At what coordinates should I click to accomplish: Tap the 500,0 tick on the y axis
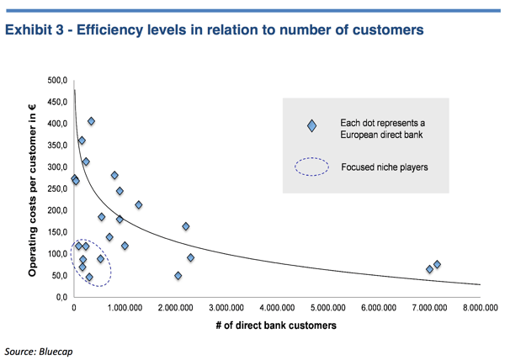(x=56, y=81)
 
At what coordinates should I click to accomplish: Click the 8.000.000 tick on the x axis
(x=479, y=309)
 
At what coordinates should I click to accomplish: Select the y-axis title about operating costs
(x=32, y=188)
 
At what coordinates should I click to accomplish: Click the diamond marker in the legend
(x=312, y=126)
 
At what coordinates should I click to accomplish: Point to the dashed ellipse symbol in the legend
(x=311, y=167)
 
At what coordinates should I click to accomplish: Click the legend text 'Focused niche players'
(x=384, y=167)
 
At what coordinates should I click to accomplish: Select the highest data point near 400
(x=91, y=122)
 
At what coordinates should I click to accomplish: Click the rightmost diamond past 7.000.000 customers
(x=437, y=265)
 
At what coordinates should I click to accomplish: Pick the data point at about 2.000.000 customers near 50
(x=178, y=276)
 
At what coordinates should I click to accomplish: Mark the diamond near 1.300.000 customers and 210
(x=139, y=205)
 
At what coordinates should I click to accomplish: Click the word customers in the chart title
(x=388, y=31)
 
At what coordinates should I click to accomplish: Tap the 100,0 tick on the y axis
(x=56, y=253)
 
